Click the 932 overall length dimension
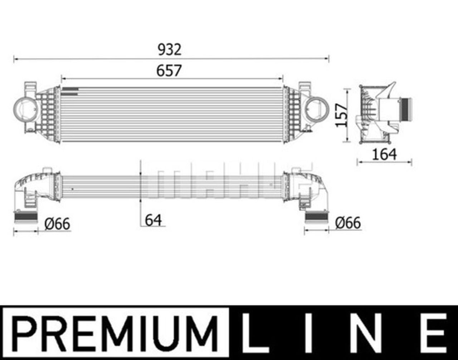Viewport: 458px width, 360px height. coord(169,50)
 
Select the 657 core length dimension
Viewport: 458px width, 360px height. coord(169,70)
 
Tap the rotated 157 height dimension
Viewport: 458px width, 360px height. coord(342,115)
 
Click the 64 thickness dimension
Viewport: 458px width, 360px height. coord(153,220)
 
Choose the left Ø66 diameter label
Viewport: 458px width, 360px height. coord(57,224)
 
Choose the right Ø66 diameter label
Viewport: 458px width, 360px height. coord(348,223)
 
